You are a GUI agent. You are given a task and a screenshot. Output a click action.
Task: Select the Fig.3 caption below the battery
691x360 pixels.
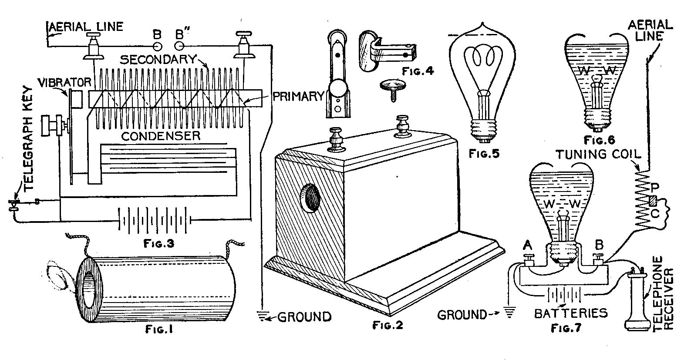click(158, 243)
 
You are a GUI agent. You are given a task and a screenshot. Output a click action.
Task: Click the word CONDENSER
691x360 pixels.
click(161, 136)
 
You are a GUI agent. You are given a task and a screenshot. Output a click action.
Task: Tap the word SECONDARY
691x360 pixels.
click(158, 59)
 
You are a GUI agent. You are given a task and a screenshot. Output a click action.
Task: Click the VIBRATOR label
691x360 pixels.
click(64, 82)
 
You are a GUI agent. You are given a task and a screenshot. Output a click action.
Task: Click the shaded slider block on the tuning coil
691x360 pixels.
click(652, 202)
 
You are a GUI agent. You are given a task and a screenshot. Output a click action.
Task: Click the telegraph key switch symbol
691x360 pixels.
click(15, 204)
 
